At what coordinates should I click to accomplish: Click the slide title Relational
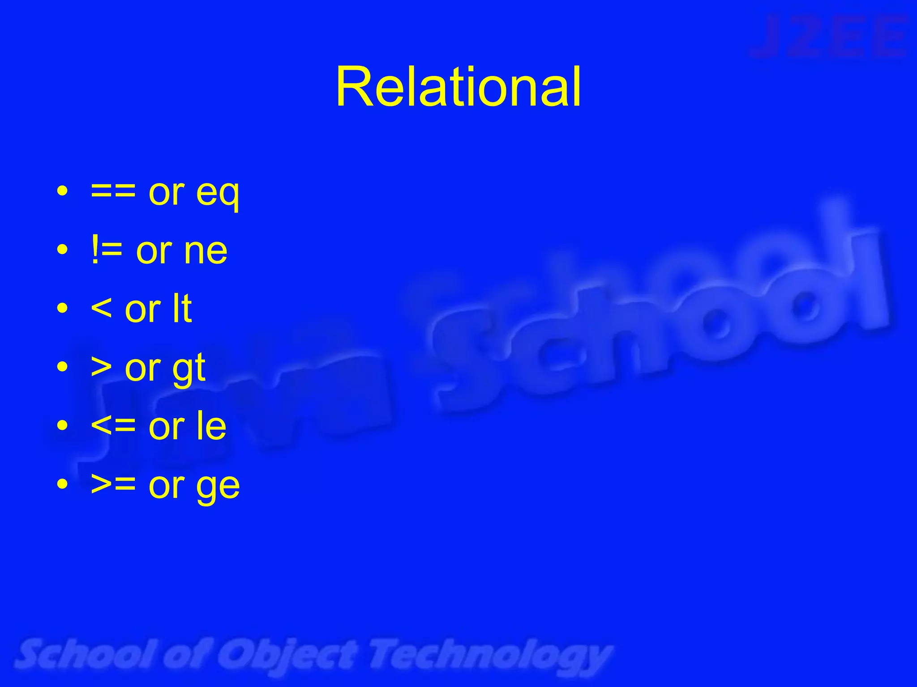(x=458, y=87)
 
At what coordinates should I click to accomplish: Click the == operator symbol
(x=113, y=193)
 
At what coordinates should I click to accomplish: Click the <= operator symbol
(x=113, y=426)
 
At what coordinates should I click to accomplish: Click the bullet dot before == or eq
(x=63, y=192)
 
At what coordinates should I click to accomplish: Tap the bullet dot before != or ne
(x=63, y=250)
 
